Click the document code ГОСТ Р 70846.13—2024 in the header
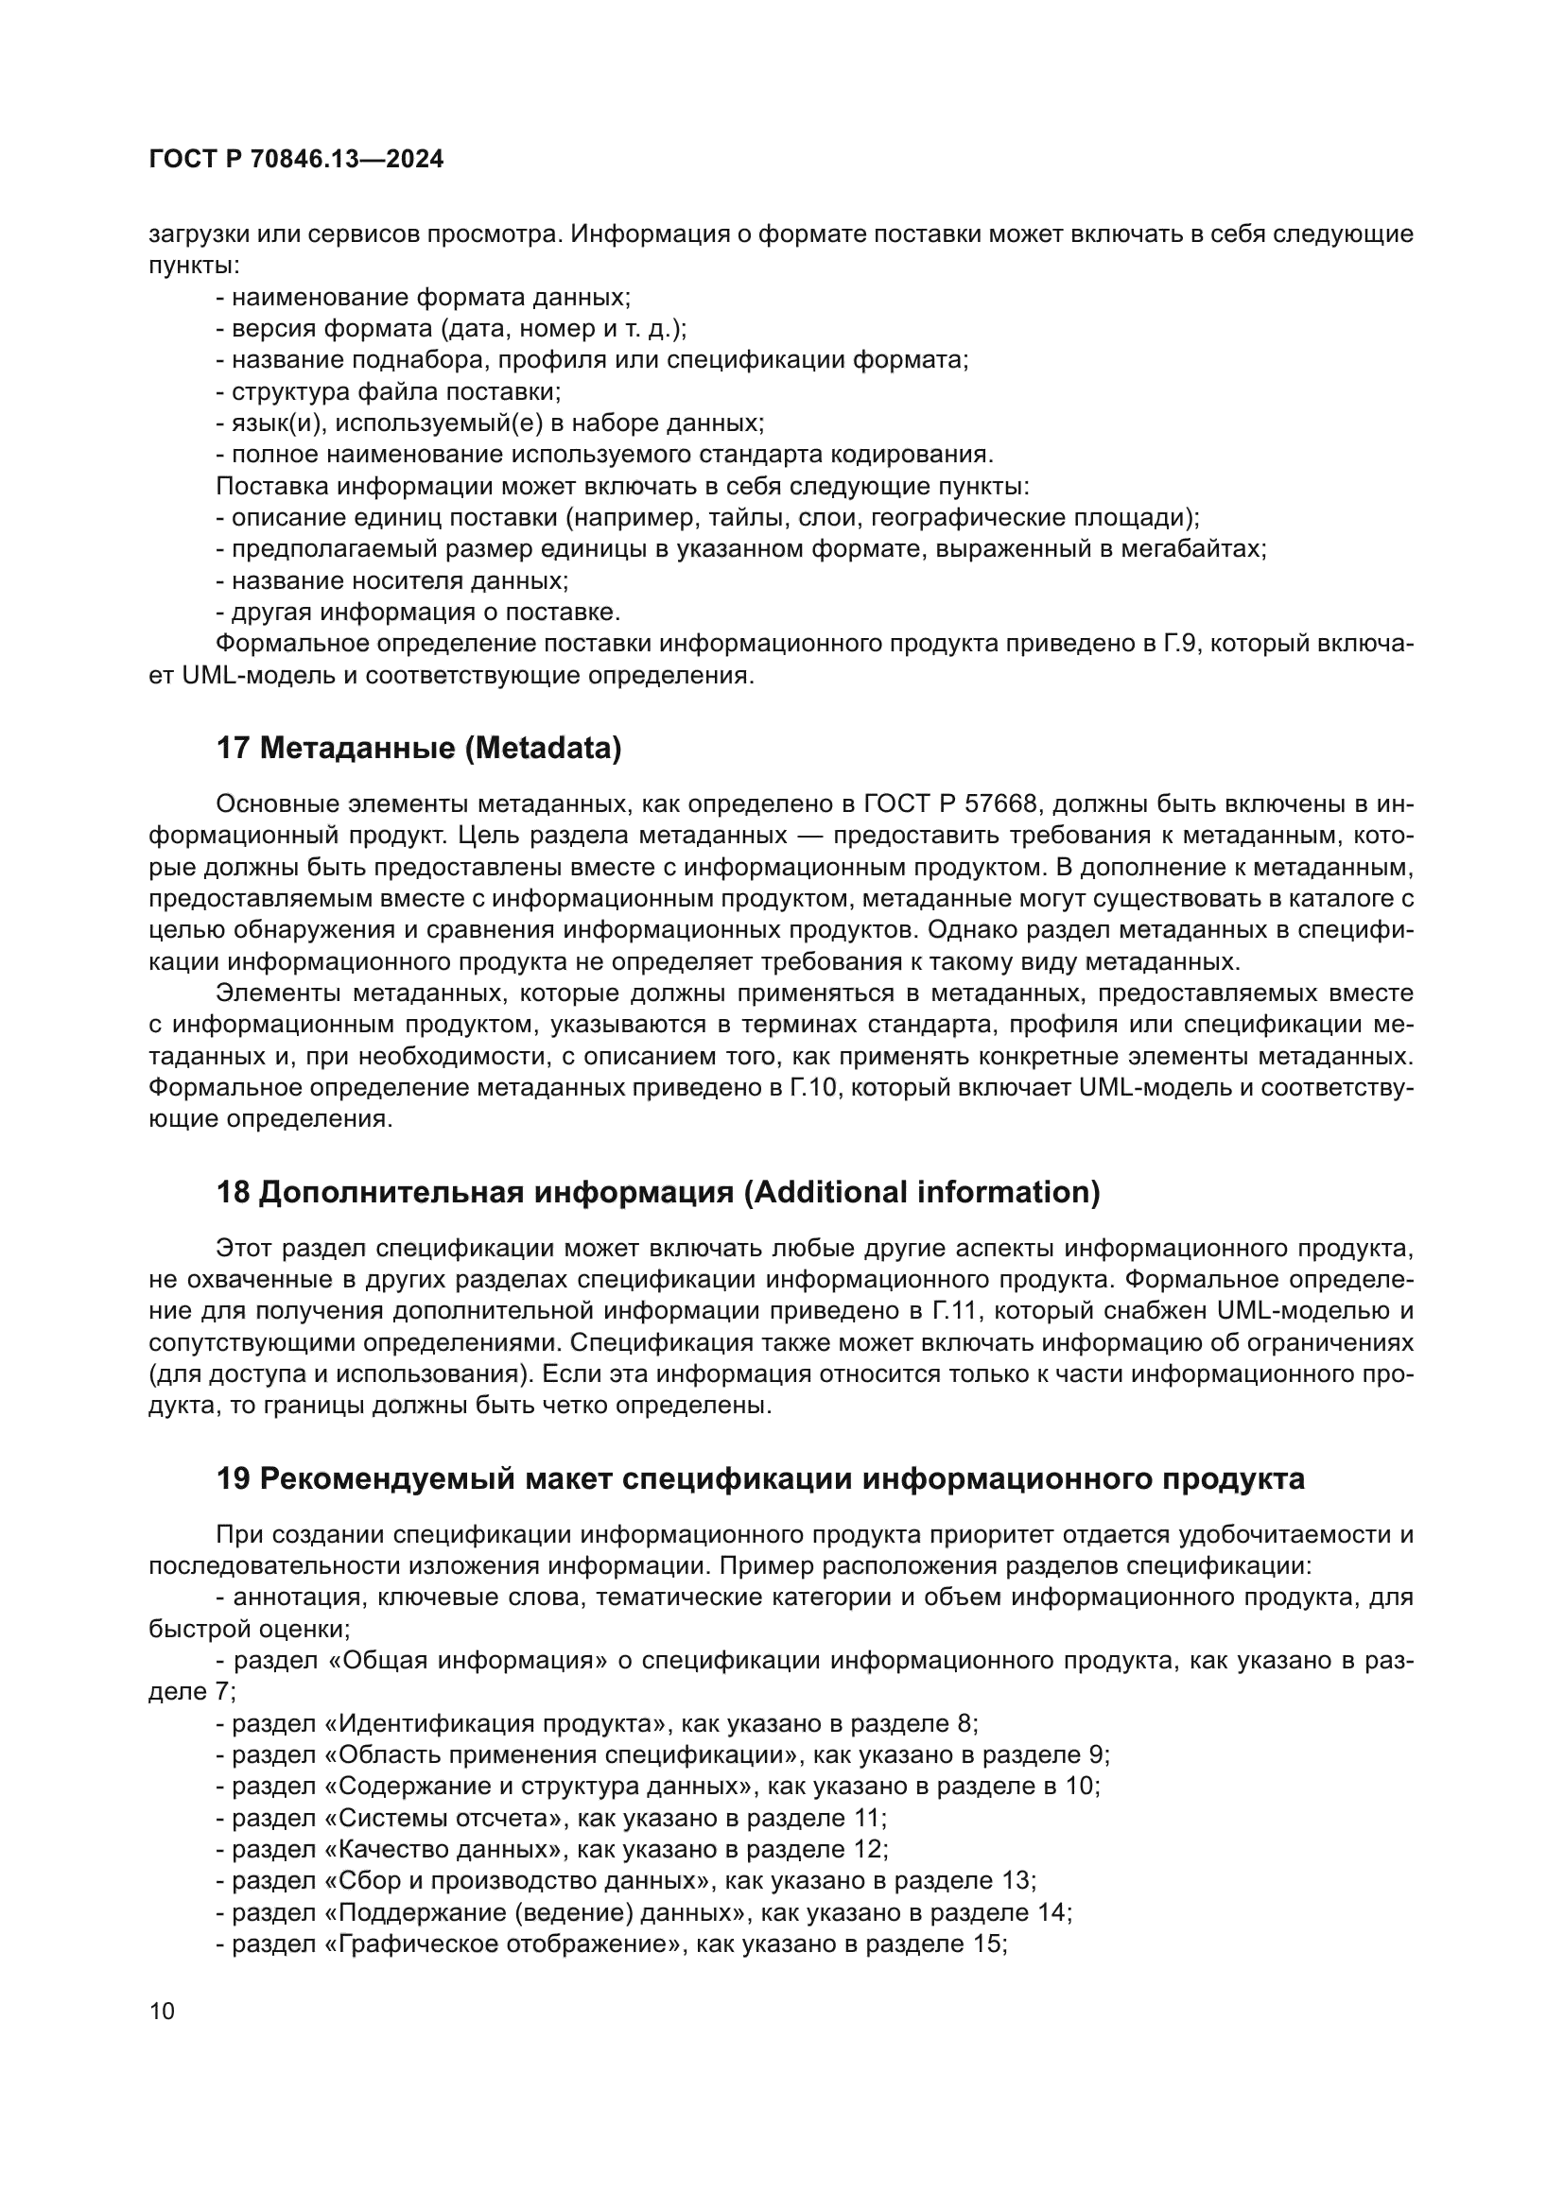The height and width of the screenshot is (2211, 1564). point(297,160)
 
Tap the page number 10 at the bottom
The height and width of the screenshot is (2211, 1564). point(163,2011)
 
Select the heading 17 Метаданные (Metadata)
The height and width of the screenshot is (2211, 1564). point(419,748)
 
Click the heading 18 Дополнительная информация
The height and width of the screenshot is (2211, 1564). point(658,1192)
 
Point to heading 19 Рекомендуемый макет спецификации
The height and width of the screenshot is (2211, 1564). point(761,1478)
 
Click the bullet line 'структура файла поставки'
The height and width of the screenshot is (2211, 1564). point(388,391)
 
